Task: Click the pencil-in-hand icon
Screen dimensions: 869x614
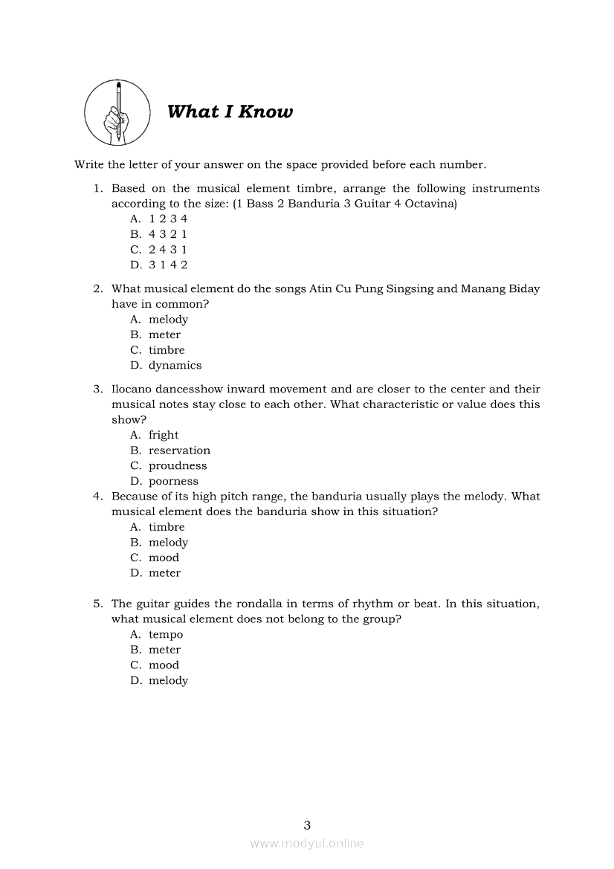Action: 117,113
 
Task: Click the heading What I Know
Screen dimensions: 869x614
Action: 230,112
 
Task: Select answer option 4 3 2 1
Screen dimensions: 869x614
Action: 167,234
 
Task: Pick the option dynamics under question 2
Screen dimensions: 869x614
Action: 175,366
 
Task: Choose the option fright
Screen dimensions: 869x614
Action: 164,436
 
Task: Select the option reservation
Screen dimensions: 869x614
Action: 179,450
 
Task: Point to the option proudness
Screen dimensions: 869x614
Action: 178,466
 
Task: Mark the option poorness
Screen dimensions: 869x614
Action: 173,482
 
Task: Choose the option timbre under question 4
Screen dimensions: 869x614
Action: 167,527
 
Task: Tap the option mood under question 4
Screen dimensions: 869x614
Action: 164,558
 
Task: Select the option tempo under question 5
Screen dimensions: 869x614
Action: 166,635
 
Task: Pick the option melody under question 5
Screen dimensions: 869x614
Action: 168,681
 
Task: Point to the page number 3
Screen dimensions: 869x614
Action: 307,824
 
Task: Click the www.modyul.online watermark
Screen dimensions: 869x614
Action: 307,844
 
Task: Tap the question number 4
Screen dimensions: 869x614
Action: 97,497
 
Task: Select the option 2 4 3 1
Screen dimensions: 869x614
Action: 167,250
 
